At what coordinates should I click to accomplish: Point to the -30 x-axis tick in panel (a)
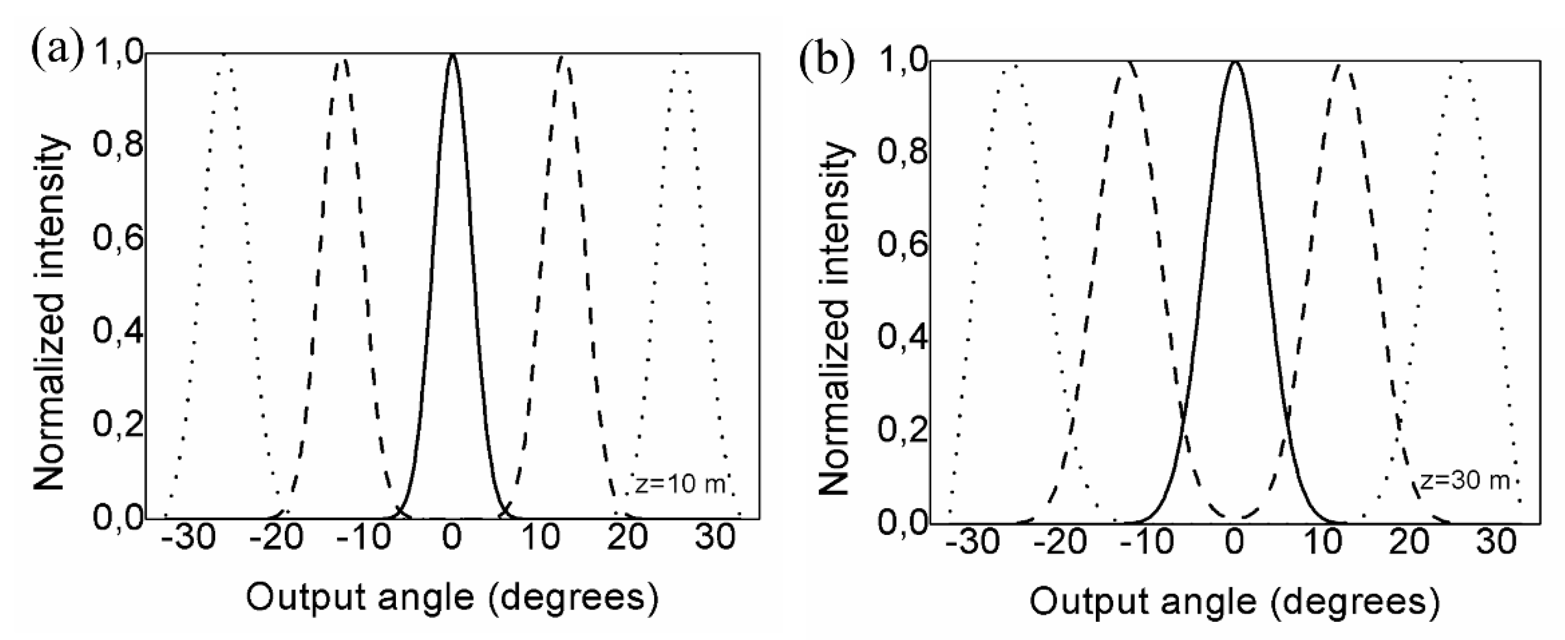pos(190,538)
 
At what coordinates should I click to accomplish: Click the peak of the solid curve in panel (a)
pos(451,56)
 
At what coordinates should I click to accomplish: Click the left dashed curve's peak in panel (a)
pos(342,59)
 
